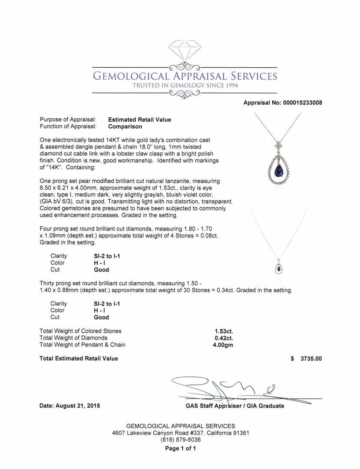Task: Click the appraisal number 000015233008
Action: [300, 103]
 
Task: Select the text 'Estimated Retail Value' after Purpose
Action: [139, 119]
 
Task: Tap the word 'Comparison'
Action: [125, 126]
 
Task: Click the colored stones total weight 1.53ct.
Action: [224, 331]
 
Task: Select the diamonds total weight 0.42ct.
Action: [224, 338]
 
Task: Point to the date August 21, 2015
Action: [69, 406]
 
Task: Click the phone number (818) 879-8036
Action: [180, 440]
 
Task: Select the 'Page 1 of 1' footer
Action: [180, 449]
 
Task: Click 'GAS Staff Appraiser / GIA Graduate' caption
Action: [234, 406]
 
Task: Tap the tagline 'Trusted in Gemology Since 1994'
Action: [185, 86]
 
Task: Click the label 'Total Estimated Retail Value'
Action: [79, 359]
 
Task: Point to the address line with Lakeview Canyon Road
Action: [180, 433]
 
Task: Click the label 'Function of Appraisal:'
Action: [68, 126]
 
